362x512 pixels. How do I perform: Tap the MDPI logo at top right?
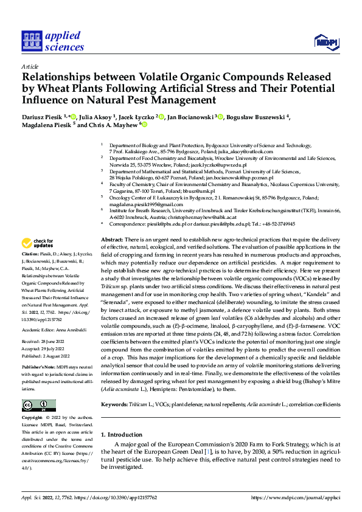(x=326, y=41)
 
